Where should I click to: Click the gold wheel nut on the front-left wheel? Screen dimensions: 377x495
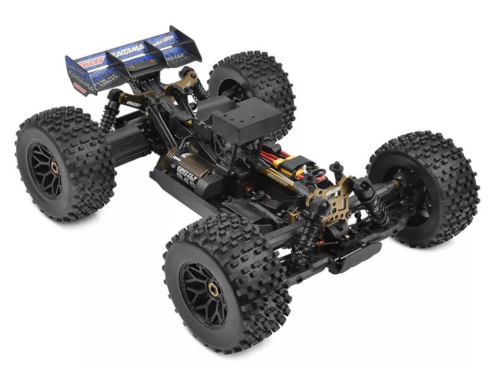tap(214, 289)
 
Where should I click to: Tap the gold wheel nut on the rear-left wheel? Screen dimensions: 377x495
tap(55, 167)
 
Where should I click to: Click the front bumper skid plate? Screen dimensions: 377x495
tap(356, 257)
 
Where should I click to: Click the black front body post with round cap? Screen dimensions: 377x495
tap(337, 168)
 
